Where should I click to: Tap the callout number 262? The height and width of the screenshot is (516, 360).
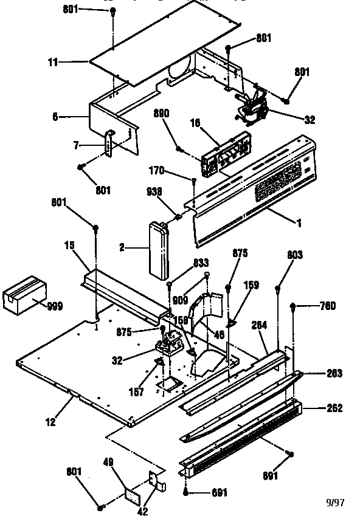tap(334, 408)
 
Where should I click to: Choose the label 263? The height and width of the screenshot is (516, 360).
tap(334, 373)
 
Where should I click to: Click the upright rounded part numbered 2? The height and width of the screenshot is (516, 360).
tap(157, 250)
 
